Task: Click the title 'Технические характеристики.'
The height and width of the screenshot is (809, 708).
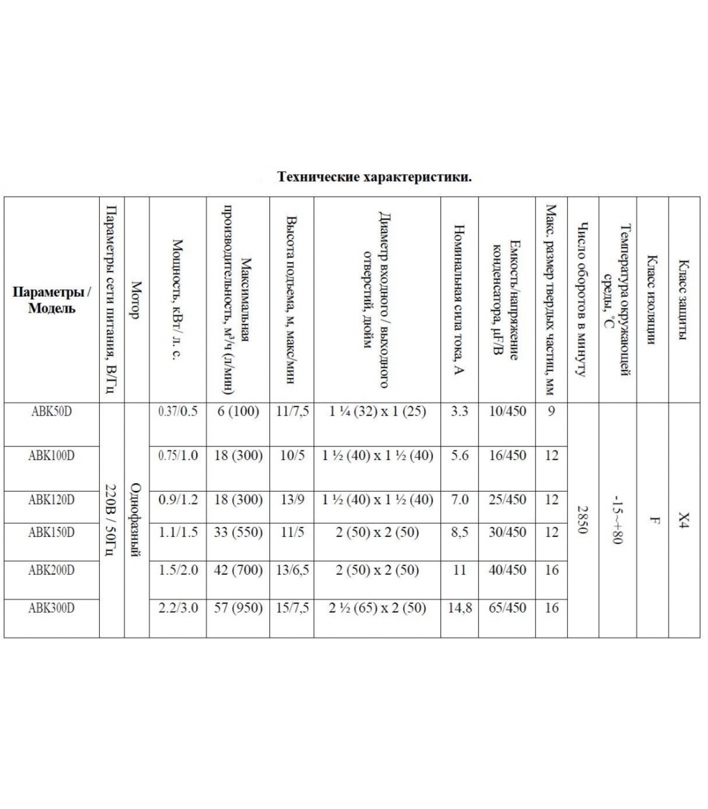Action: click(x=374, y=177)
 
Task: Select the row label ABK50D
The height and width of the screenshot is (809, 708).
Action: click(x=52, y=411)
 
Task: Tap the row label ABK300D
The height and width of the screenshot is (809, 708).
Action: click(x=52, y=608)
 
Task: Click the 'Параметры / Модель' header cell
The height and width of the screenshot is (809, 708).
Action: click(x=52, y=300)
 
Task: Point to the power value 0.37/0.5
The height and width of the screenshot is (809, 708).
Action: click(x=178, y=411)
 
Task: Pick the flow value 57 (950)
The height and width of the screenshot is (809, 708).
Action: click(x=238, y=608)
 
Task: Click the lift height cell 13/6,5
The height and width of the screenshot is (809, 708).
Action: click(x=292, y=570)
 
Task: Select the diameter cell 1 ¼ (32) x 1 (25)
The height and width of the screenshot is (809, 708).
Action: click(x=377, y=411)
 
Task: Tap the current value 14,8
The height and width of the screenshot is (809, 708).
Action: click(x=460, y=608)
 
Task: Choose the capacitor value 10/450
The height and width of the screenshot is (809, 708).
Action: click(x=507, y=411)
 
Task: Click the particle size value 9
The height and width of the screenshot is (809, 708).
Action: click(x=551, y=411)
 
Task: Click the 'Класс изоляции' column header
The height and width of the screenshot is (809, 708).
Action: click(x=652, y=300)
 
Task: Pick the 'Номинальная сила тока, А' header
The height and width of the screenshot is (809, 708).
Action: click(x=459, y=300)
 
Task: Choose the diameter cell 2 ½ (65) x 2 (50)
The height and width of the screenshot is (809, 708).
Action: click(x=377, y=608)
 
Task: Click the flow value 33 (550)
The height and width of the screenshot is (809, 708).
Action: click(x=238, y=532)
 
